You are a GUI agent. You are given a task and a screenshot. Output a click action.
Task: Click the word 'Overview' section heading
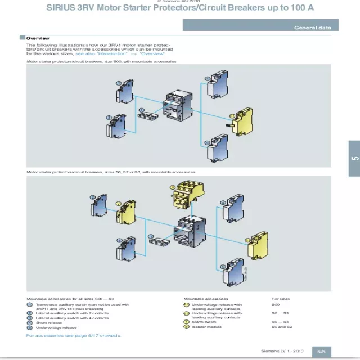[38, 38]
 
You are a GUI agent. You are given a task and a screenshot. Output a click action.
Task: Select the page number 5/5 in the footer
[321, 351]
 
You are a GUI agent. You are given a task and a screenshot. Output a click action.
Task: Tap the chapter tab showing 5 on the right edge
[354, 159]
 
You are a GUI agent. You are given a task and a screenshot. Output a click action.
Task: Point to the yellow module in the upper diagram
[244, 120]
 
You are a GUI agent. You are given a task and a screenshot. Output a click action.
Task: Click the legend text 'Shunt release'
[49, 323]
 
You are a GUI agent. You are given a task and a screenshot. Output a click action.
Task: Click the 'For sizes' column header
[281, 299]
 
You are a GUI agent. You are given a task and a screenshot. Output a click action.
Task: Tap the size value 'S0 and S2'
[282, 326]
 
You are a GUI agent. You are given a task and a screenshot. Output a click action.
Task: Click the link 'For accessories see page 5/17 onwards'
[73, 335]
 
